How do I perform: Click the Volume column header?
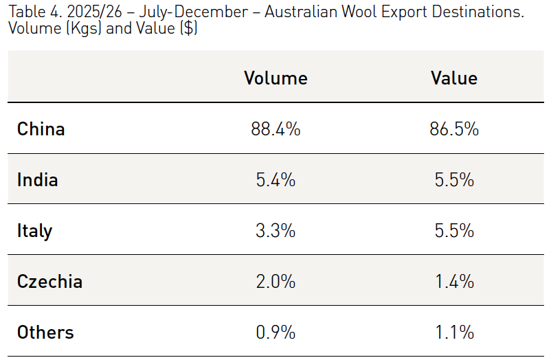[x=275, y=78]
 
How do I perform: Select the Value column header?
[x=453, y=78]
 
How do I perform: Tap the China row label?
[x=41, y=128]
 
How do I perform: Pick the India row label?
[x=38, y=180]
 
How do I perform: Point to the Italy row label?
[x=34, y=231]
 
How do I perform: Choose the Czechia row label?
[x=49, y=282]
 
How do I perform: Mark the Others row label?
[x=45, y=333]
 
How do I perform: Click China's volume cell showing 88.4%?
[x=275, y=128]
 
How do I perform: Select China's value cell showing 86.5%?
[x=453, y=128]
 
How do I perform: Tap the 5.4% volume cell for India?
[x=275, y=180]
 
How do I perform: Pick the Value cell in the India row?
[x=453, y=180]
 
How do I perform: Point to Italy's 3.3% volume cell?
[x=275, y=231]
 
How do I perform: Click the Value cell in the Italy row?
[x=453, y=231]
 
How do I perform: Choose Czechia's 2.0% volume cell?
[x=275, y=282]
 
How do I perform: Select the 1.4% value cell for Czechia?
[x=453, y=282]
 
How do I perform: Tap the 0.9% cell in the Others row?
[x=275, y=333]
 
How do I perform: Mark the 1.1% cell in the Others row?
[x=453, y=333]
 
